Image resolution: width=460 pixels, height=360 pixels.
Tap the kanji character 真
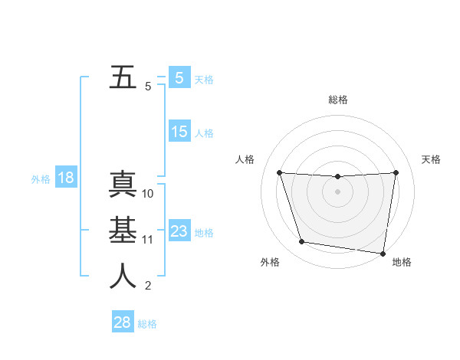123,185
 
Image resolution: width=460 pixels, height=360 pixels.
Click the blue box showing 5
179,78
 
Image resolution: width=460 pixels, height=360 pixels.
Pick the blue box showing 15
179,132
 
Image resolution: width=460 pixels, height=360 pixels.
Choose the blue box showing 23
179,231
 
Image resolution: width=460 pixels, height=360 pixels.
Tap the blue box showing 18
66,178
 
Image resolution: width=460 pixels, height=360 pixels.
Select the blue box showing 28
123,322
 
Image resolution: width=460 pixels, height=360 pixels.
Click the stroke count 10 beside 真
148,194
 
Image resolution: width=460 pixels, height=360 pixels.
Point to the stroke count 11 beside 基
148,240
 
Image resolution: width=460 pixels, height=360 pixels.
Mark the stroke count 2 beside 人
148,286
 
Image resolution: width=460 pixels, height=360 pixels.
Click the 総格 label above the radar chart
338,100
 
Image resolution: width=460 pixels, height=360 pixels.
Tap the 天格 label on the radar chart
432,159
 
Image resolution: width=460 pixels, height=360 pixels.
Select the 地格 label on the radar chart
402,262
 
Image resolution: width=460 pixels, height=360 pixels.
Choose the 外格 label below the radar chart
270,262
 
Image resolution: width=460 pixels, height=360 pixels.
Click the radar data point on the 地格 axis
383,253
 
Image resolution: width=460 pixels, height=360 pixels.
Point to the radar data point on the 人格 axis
279,173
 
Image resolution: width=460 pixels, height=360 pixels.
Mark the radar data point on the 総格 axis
337,177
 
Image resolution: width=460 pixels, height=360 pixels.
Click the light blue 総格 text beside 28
147,324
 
